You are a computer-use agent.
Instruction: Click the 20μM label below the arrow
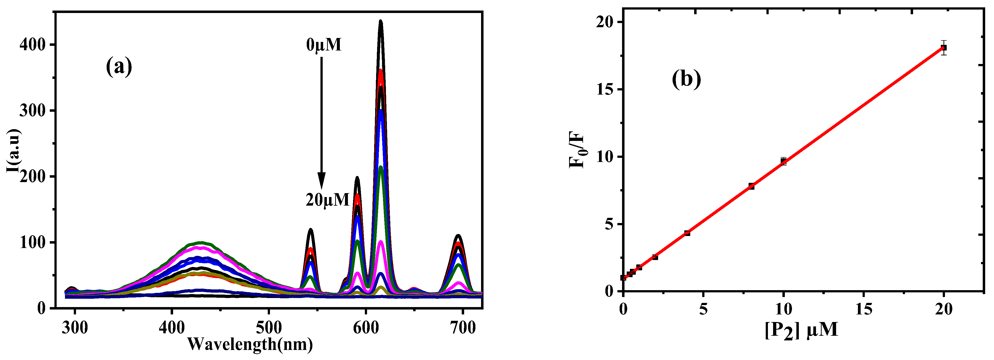point(327,200)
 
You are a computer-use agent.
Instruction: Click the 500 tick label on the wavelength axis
point(269,328)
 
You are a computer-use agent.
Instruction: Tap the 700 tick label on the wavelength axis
point(463,328)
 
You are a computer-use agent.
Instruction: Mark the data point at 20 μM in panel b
point(944,48)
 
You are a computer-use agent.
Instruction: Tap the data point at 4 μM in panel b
point(687,233)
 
